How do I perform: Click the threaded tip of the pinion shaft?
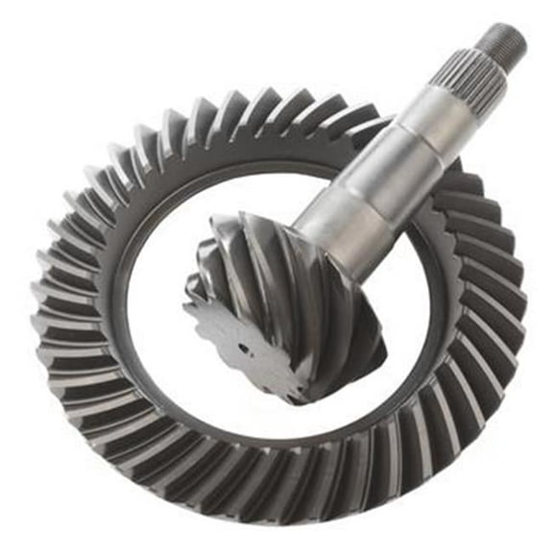pyautogui.click(x=504, y=40)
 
